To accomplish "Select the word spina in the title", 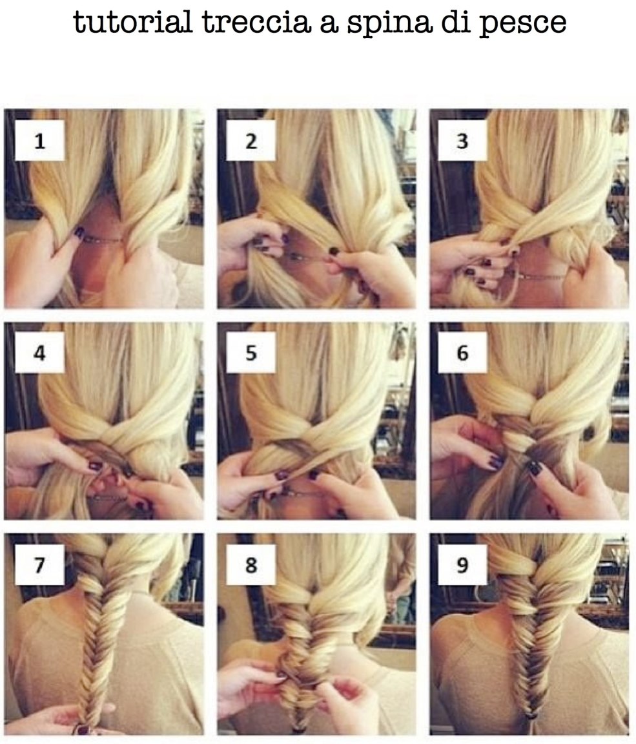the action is pos(389,24).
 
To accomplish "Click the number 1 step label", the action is pos(40,140).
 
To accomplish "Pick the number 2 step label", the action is pos(251,140).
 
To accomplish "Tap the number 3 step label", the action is pos(462,140).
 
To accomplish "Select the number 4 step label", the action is pos(40,353).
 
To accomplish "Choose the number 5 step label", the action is pos(251,353).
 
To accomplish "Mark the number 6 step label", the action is pos(462,353).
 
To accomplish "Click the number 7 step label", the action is pos(40,564).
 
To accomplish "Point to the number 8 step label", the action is pos(251,564).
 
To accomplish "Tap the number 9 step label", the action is pos(462,564).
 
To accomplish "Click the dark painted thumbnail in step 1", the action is pos(79,232).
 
